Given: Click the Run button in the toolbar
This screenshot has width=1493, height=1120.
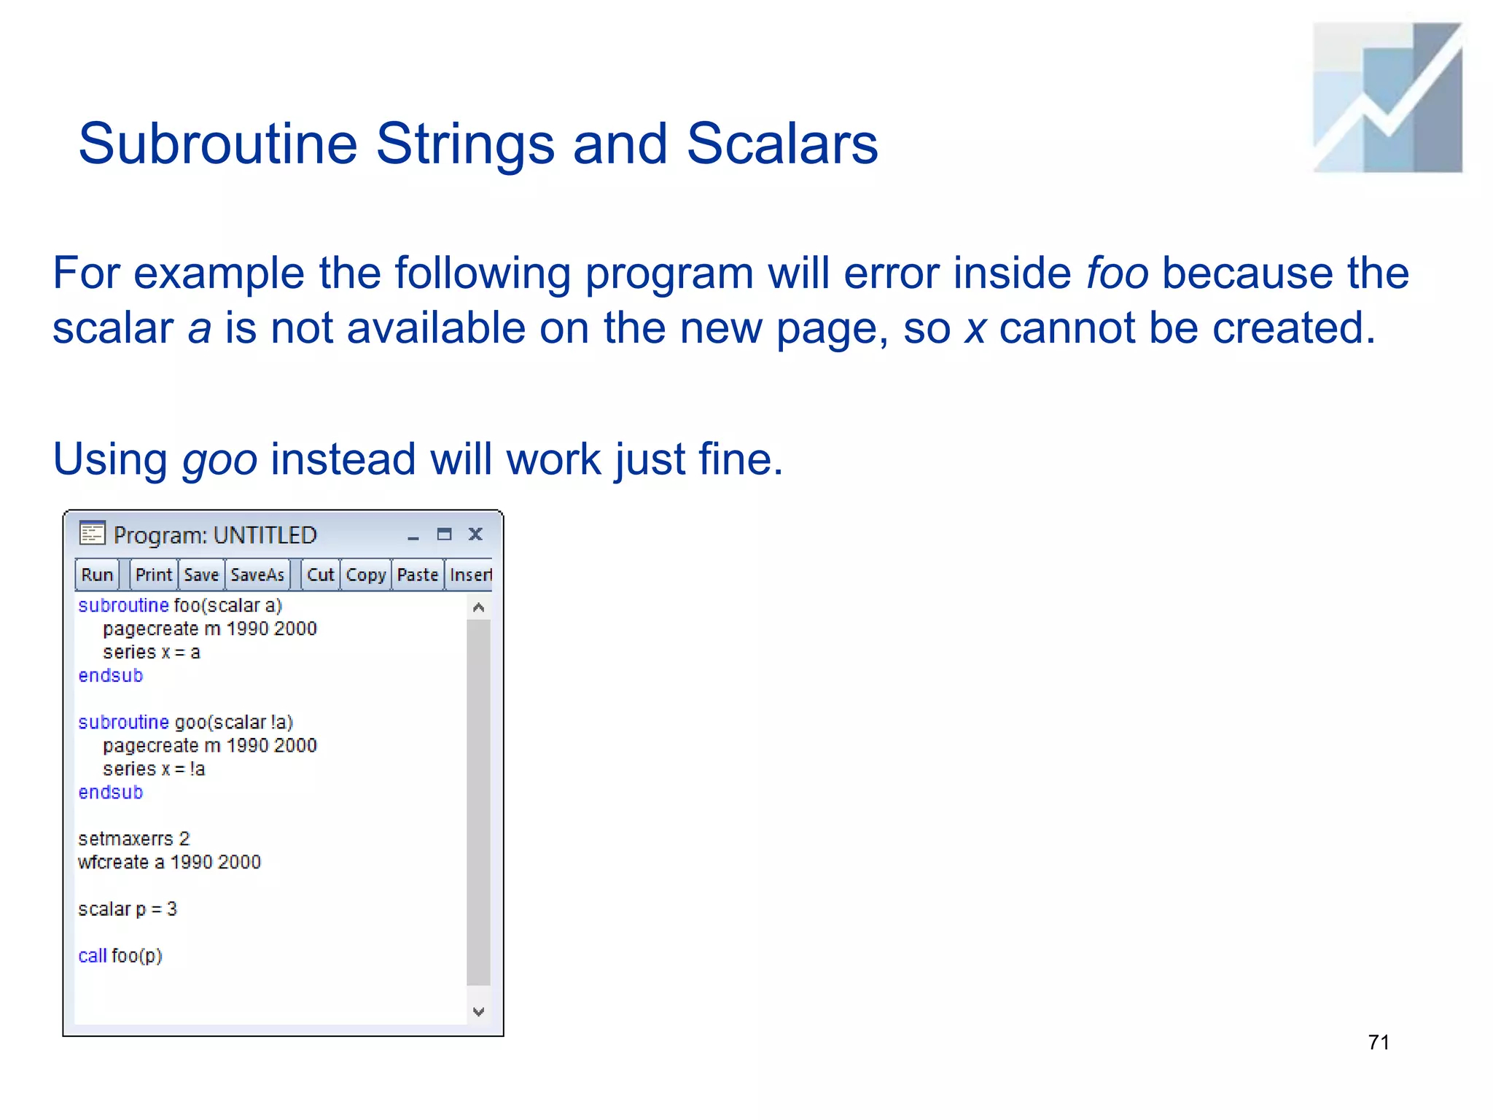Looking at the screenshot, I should pos(97,575).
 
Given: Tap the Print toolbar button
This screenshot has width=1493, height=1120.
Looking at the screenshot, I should pos(153,575).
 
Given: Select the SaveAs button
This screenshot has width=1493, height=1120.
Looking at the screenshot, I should pos(257,575).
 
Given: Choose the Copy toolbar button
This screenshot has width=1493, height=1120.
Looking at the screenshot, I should pos(365,575).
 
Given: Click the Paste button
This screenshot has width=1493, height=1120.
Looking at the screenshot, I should pos(418,575).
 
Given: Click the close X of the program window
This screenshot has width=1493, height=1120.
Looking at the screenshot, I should pos(475,534).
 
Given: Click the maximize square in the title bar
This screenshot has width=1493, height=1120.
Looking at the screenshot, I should pos(444,534).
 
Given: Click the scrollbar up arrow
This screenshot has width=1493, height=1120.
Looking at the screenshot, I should pos(479,607).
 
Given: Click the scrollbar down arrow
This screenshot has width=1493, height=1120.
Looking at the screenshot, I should pos(479,1011).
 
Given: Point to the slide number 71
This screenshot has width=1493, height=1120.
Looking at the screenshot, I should pos(1378,1042).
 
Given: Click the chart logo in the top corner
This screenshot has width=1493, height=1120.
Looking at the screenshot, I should pos(1387,98).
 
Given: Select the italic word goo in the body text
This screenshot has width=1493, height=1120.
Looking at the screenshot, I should pos(219,459).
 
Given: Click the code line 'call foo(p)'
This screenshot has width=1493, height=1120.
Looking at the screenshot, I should pos(120,955).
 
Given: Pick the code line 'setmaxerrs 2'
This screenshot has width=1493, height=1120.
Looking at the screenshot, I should pos(133,839).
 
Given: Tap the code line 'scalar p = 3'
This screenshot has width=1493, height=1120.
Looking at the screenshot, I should pos(128,909).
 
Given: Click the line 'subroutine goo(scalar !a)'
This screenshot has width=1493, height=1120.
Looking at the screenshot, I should pos(185,722).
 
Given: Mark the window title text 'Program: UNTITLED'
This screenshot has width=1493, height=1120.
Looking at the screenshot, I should pos(215,535).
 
